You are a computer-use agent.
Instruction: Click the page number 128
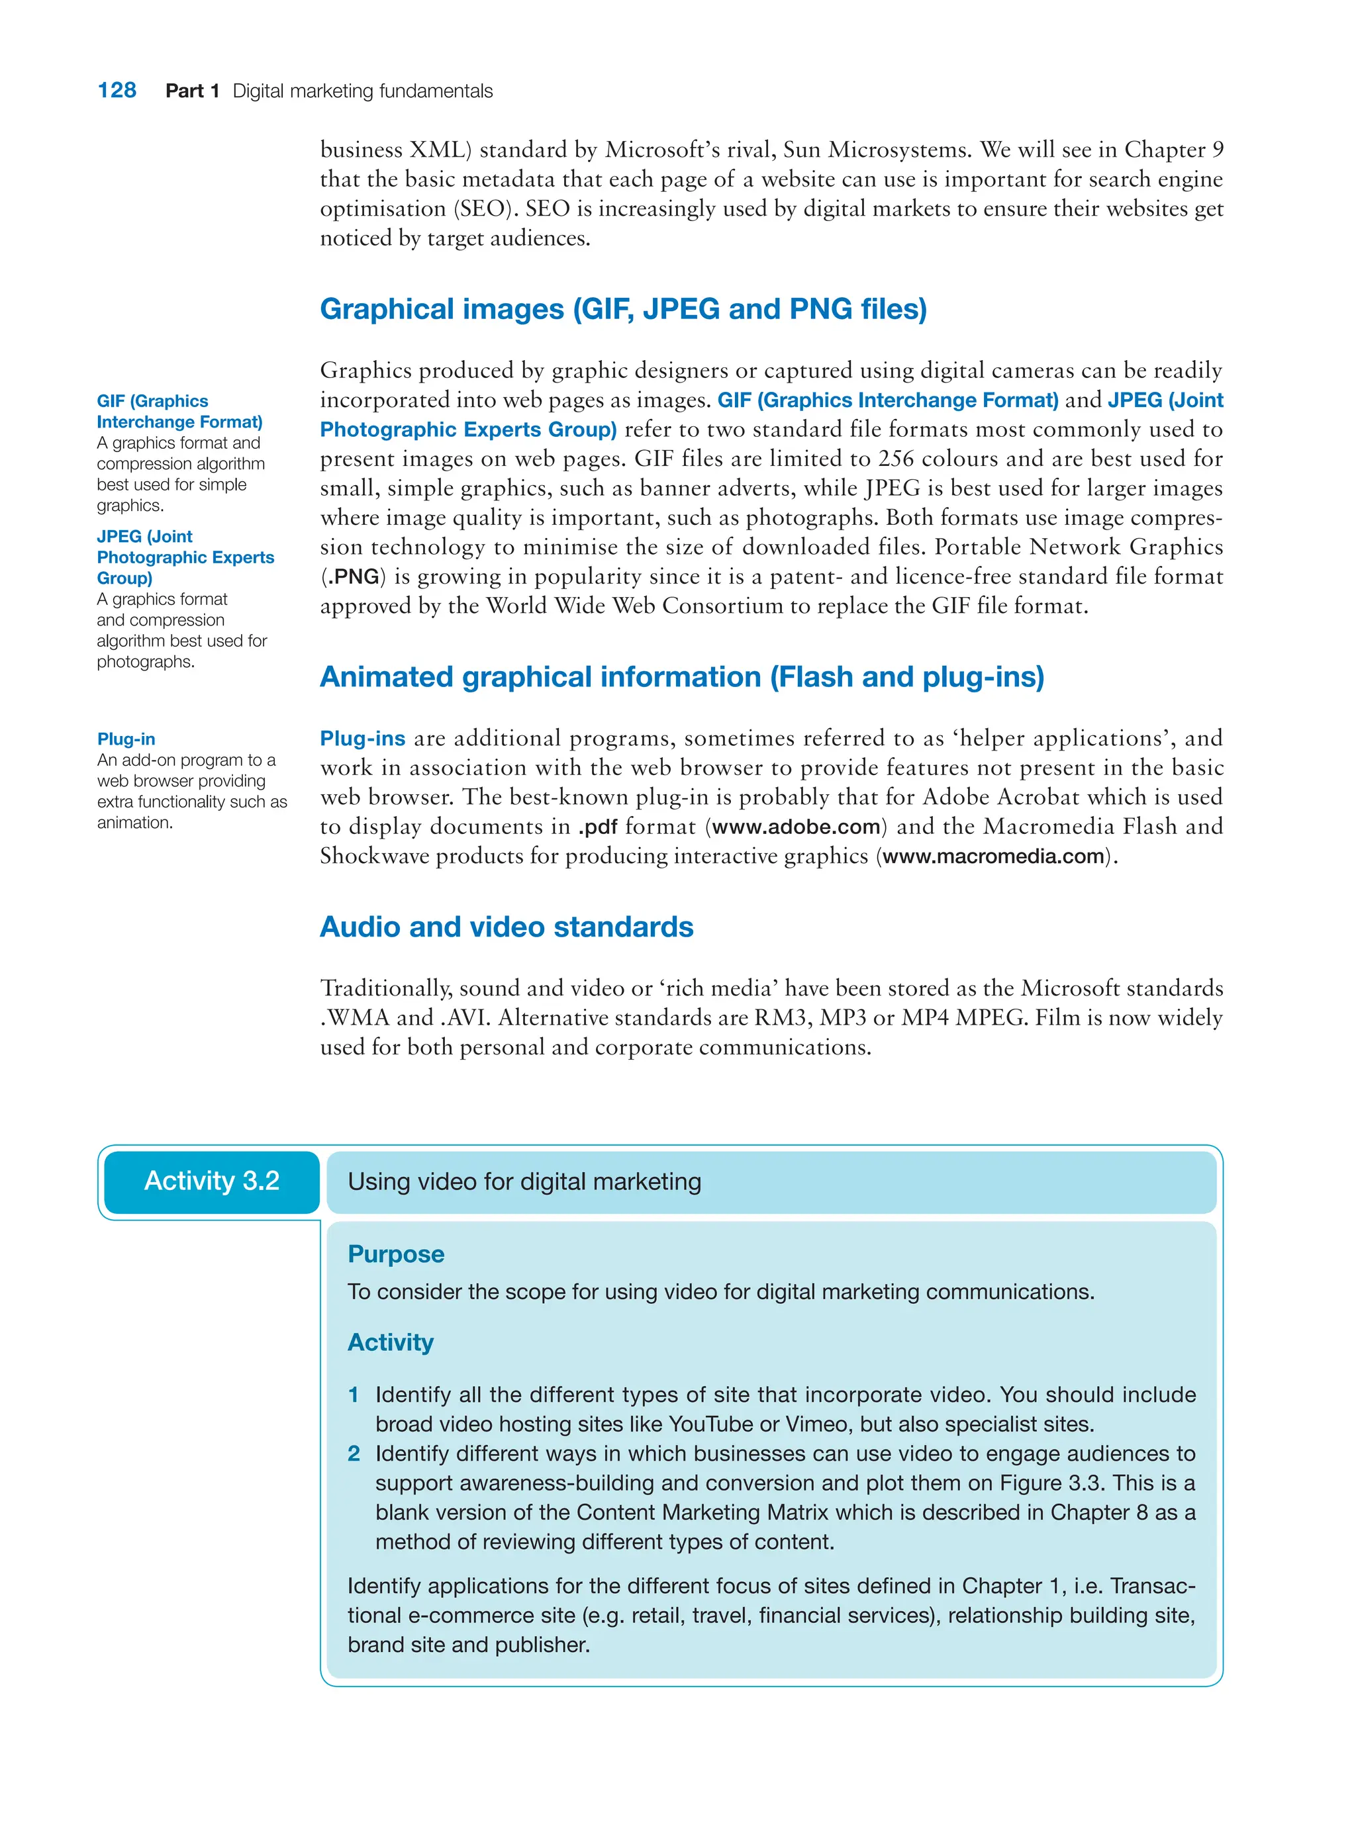pyautogui.click(x=117, y=90)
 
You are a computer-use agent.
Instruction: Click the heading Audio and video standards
pyautogui.click(x=507, y=927)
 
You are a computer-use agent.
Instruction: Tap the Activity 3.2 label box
pyautogui.click(x=212, y=1181)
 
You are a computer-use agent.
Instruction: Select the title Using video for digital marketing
pyautogui.click(x=524, y=1181)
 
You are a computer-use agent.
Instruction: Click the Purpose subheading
pyautogui.click(x=396, y=1254)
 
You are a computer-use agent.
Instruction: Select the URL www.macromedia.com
pyautogui.click(x=993, y=856)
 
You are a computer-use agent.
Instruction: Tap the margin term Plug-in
pyautogui.click(x=126, y=739)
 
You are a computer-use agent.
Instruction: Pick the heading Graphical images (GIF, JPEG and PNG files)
pyautogui.click(x=623, y=309)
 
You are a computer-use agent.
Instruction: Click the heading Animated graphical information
pyautogui.click(x=681, y=677)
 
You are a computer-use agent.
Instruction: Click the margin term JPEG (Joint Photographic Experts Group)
pyautogui.click(x=185, y=557)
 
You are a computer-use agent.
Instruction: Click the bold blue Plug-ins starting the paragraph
pyautogui.click(x=362, y=739)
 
